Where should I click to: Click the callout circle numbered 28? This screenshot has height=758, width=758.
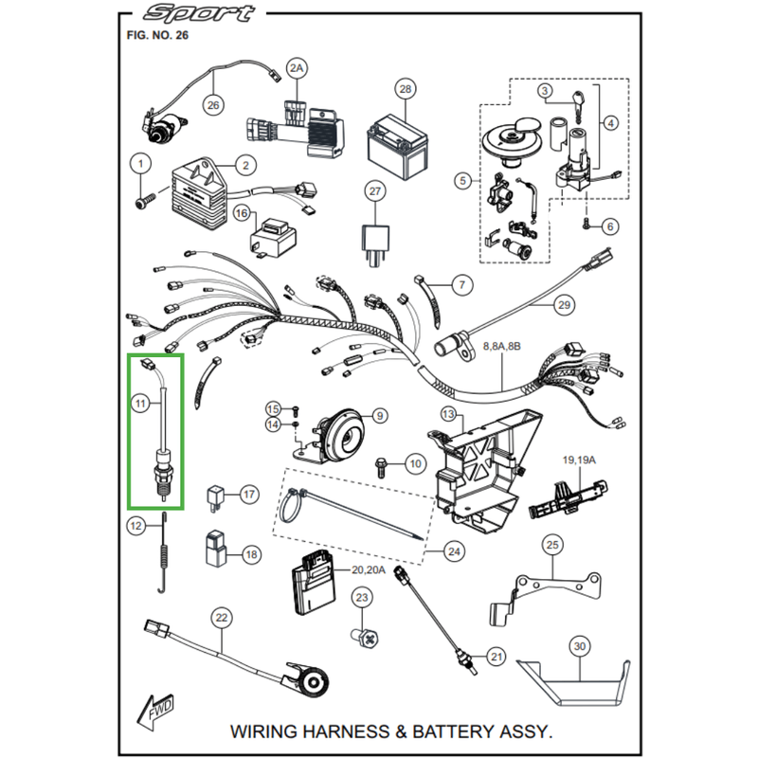[x=406, y=90]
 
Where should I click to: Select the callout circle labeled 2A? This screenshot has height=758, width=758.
[x=298, y=69]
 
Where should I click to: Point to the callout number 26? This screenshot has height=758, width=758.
[x=212, y=105]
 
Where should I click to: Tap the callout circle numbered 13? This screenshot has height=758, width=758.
[x=448, y=414]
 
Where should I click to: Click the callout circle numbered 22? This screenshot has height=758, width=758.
[x=221, y=619]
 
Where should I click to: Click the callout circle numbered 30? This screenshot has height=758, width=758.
[x=580, y=648]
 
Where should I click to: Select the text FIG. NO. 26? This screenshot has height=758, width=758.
[x=157, y=35]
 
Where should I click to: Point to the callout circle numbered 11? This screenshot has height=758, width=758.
[x=140, y=405]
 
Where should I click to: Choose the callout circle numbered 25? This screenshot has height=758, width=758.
[x=552, y=545]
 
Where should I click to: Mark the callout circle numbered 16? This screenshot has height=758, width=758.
[x=241, y=215]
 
